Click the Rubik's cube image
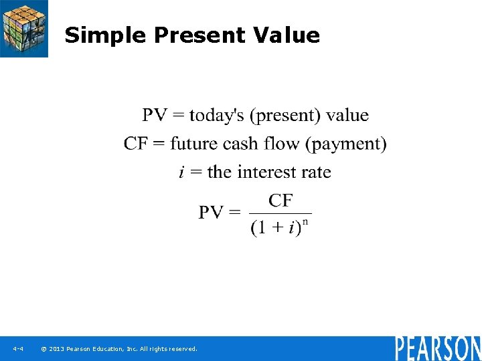pyautogui.click(x=24, y=28)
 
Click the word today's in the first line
pyautogui.click(x=217, y=115)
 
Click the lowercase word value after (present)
pyautogui.click(x=347, y=115)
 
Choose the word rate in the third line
pyautogui.click(x=316, y=172)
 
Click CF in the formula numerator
pyautogui.click(x=280, y=200)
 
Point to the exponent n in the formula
pyautogui.click(x=305, y=221)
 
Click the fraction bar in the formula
pyautogui.click(x=280, y=213)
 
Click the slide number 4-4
pyautogui.click(x=18, y=349)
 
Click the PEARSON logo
pyautogui.click(x=437, y=348)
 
